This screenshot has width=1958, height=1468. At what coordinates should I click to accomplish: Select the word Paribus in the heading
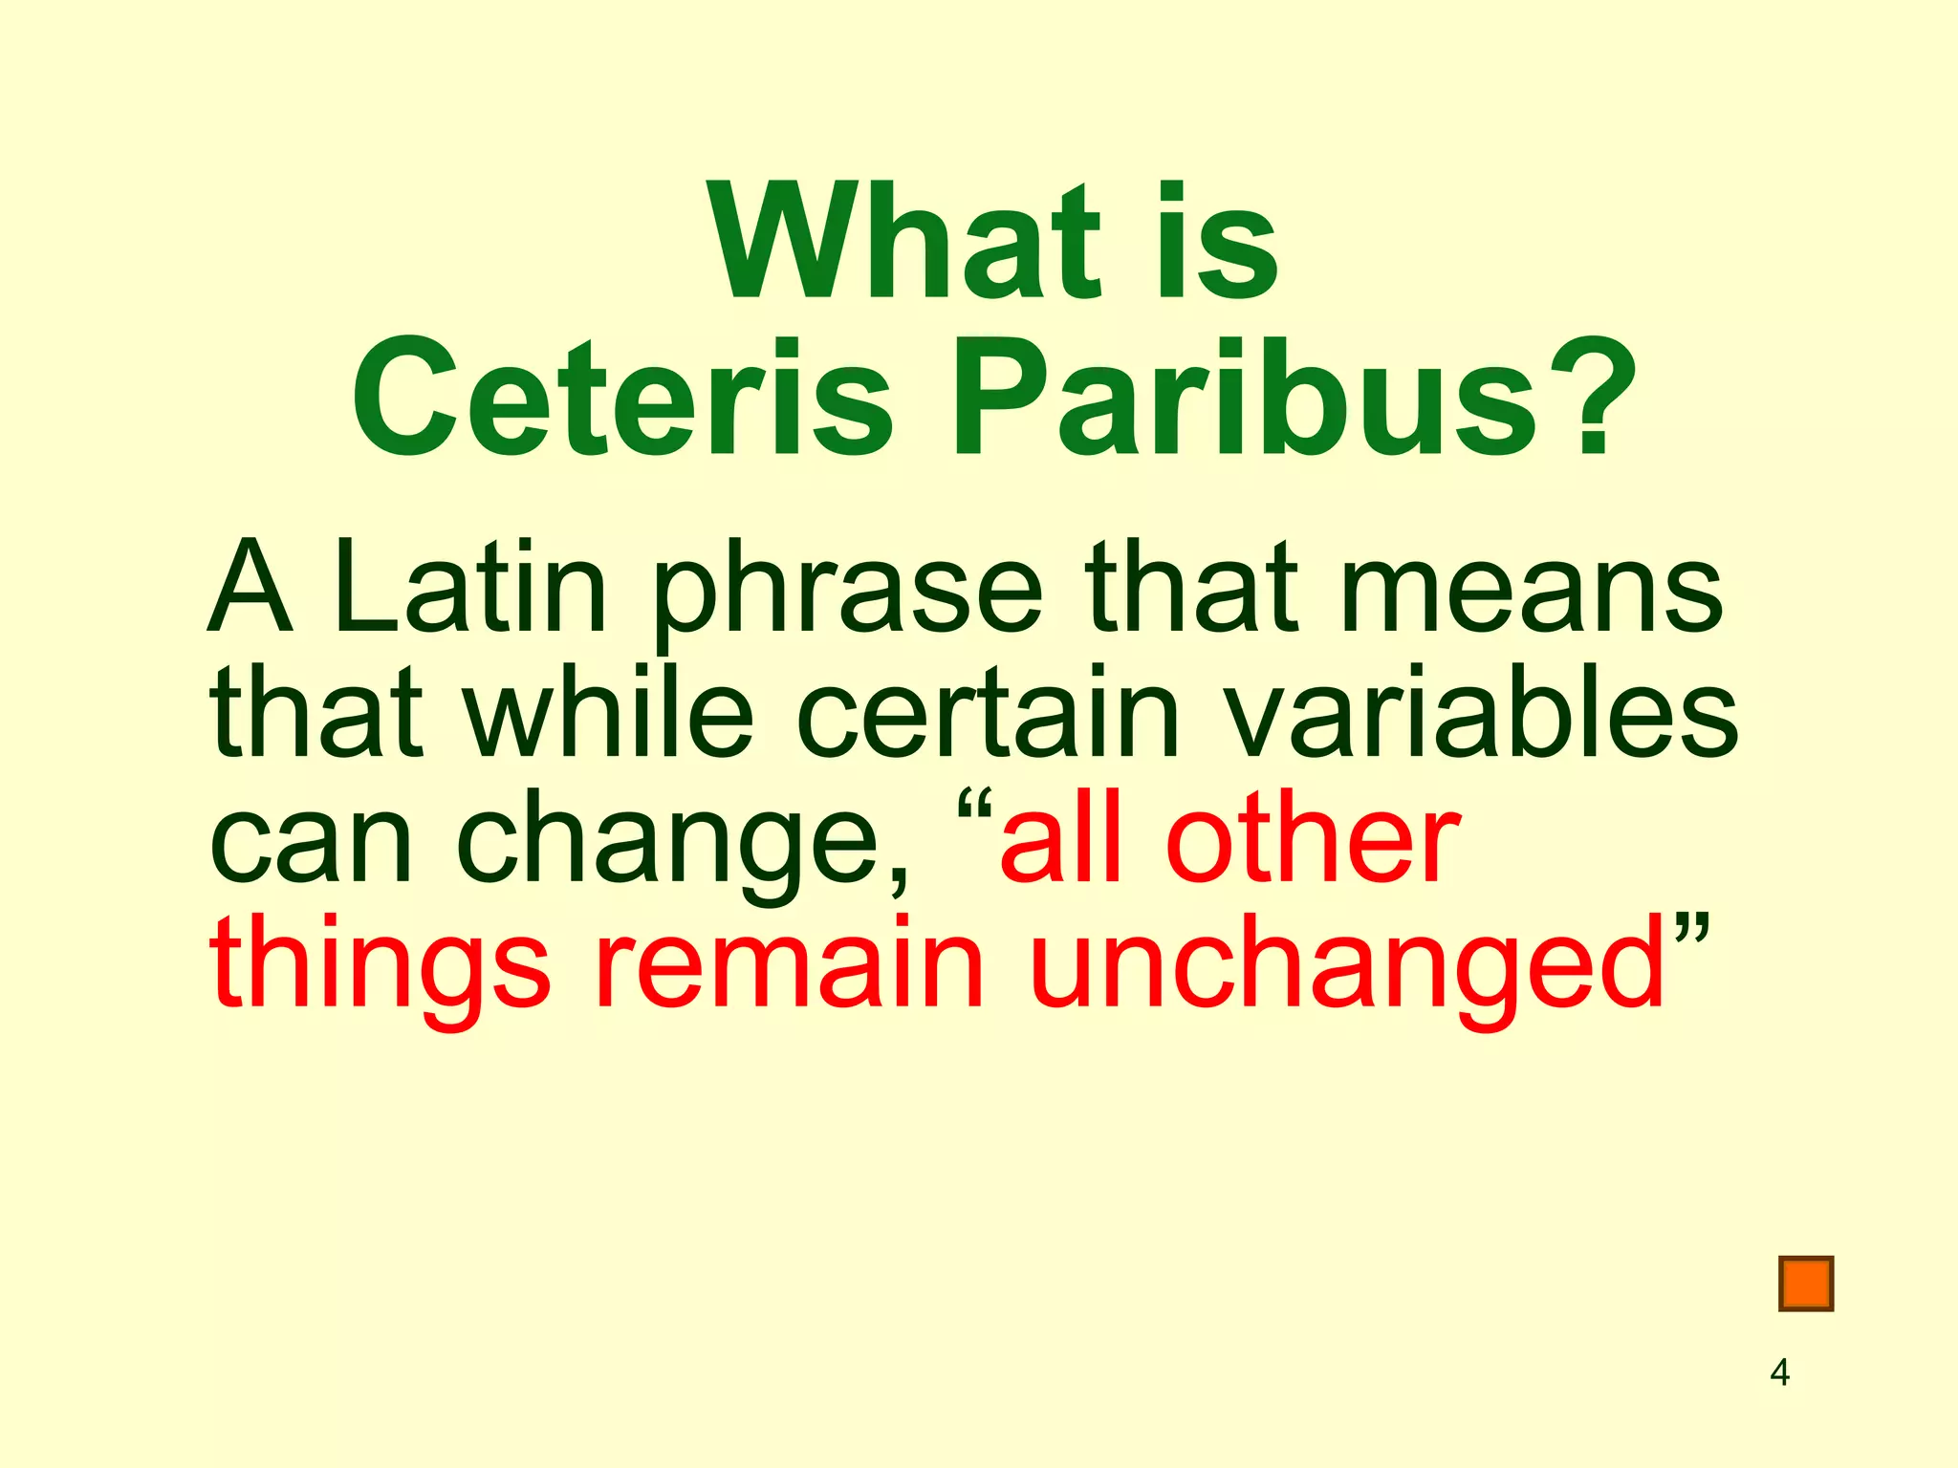coord(1243,399)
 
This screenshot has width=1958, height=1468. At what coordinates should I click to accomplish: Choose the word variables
coord(1481,712)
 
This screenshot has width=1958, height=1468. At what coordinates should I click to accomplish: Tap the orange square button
coord(1806,1284)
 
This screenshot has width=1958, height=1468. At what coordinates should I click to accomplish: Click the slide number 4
coord(1779,1372)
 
